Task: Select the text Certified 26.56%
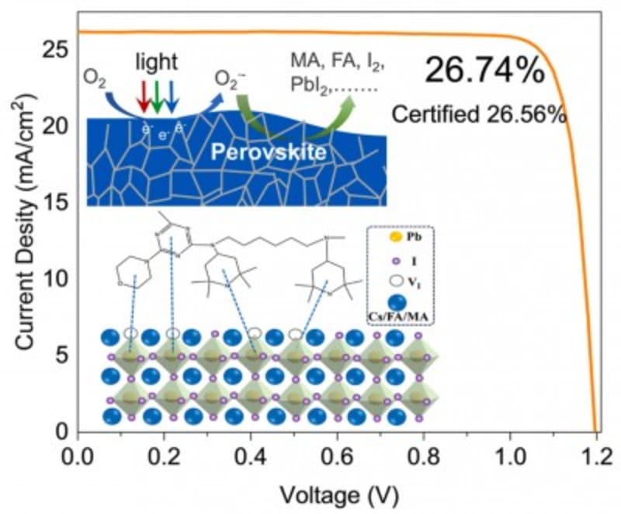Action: click(x=479, y=113)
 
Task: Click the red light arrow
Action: click(x=143, y=94)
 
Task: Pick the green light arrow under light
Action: click(x=158, y=94)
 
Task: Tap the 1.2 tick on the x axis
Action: click(x=595, y=453)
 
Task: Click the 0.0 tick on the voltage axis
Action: click(x=78, y=453)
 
